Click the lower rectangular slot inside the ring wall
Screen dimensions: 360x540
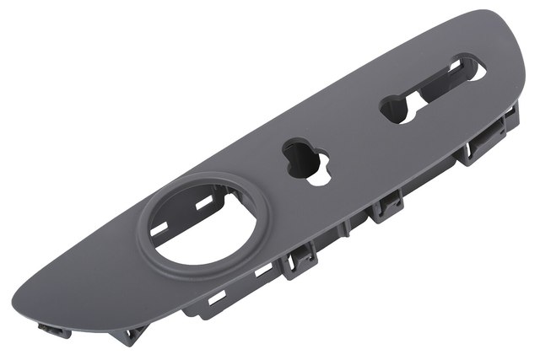pos(165,227)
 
